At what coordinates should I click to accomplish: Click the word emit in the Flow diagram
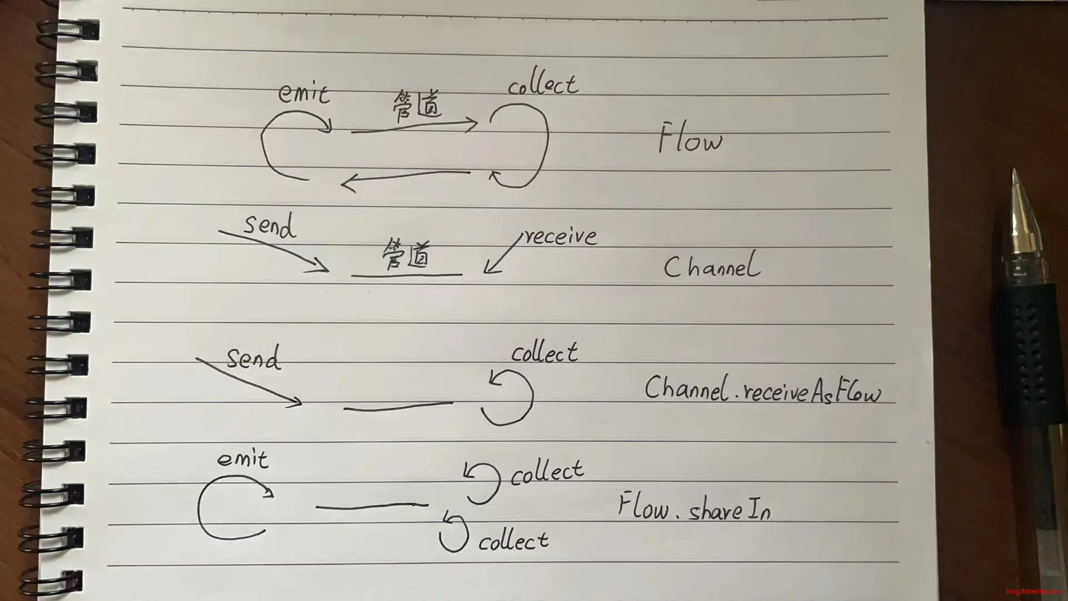[x=304, y=93]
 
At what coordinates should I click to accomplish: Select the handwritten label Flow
[x=690, y=139]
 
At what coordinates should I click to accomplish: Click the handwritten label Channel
[x=711, y=265]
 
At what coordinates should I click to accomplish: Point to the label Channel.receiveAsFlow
[x=763, y=390]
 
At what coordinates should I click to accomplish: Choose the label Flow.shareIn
[x=695, y=506]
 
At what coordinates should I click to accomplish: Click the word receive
[x=560, y=236]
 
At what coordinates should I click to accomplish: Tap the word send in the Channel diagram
[x=270, y=226]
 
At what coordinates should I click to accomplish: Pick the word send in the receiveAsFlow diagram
[x=254, y=357]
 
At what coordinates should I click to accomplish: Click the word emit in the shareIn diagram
[x=243, y=459]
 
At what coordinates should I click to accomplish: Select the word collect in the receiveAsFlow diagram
[x=545, y=353]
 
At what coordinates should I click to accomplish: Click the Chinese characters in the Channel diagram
[x=407, y=255]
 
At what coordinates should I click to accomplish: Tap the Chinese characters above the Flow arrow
[x=417, y=106]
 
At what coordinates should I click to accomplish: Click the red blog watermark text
[x=1033, y=592]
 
